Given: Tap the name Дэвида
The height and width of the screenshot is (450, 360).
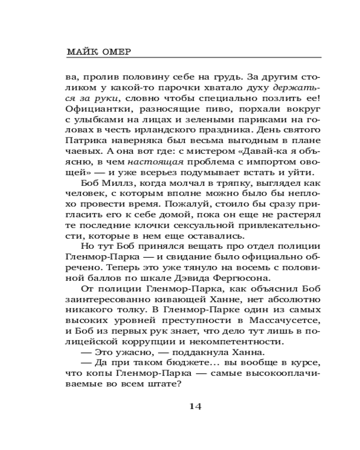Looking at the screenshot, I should tap(198, 278).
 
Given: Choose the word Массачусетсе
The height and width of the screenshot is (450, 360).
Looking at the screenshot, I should tap(281, 320).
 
